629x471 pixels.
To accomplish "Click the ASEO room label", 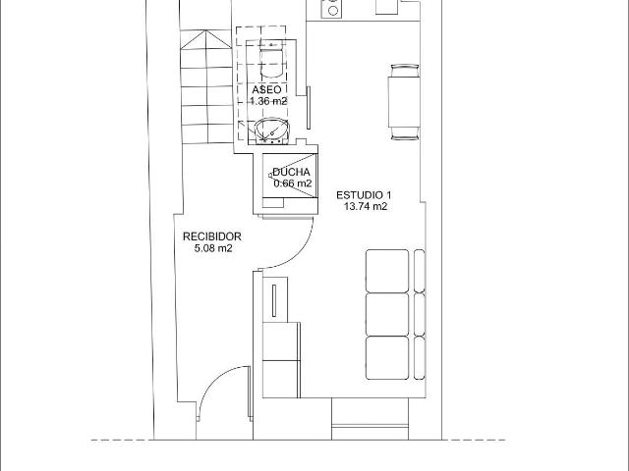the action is [x=266, y=89].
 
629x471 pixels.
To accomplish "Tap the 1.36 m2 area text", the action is [x=268, y=101].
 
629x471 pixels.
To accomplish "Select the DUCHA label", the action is [x=291, y=173].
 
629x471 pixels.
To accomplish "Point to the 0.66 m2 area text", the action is [x=293, y=183].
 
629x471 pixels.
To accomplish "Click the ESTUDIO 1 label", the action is [x=364, y=195].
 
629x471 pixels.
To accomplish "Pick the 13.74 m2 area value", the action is [x=366, y=207].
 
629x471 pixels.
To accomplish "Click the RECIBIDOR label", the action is [x=212, y=236].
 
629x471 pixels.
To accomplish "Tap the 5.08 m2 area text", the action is [x=213, y=248].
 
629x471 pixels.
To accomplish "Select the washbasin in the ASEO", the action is [x=272, y=131].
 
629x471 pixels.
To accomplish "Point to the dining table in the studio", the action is [x=404, y=102].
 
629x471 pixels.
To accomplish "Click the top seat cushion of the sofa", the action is [x=387, y=271].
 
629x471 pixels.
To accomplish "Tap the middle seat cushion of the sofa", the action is [x=387, y=314].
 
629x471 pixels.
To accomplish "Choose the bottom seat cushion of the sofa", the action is [x=387, y=357].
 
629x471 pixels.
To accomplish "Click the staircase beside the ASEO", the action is [x=206, y=87].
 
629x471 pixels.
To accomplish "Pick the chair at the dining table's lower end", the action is [x=404, y=133].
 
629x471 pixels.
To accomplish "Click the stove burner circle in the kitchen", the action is [x=332, y=11].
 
